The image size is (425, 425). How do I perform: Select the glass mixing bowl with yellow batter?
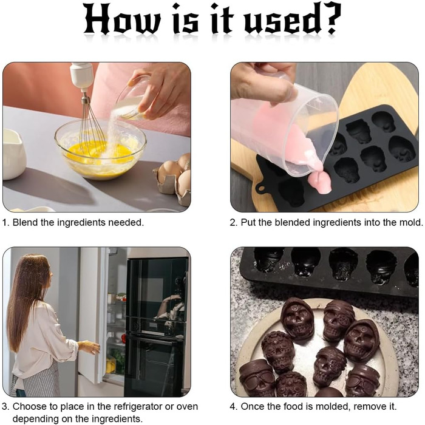pyautogui.click(x=100, y=149)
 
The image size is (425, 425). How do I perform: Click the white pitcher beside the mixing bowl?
pyautogui.click(x=13, y=154)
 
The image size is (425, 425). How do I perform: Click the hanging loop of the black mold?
pyautogui.click(x=260, y=188)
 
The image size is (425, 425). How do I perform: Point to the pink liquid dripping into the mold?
pyautogui.click(x=321, y=182)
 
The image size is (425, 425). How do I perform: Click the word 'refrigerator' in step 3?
pyautogui.click(x=138, y=407)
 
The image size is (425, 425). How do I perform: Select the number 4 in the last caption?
pyautogui.click(x=233, y=407)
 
